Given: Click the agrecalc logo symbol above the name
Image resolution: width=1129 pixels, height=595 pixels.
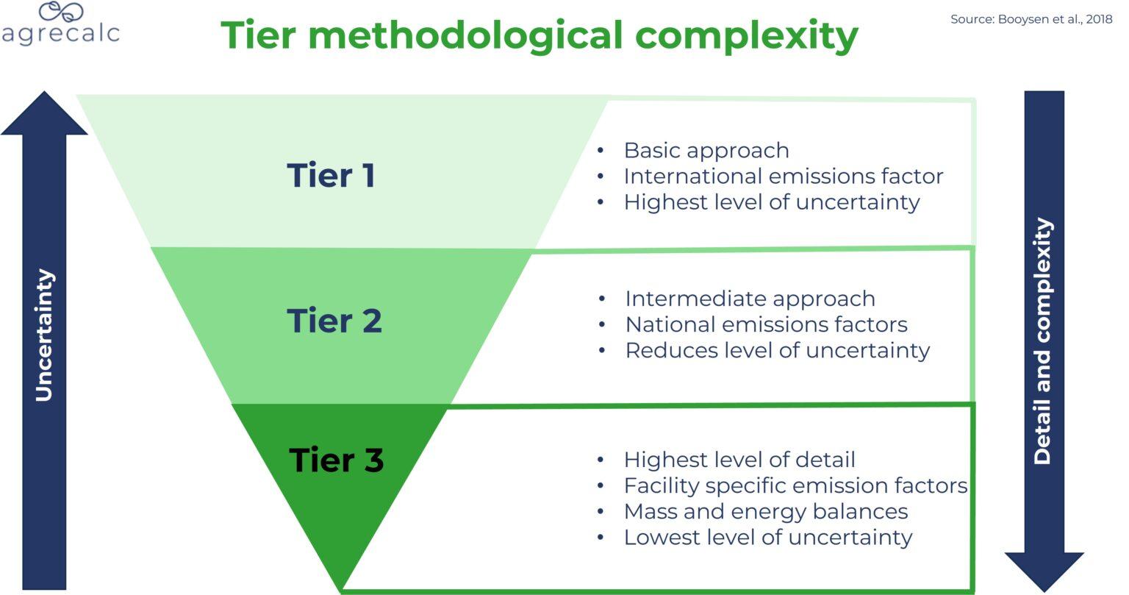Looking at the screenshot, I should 62,11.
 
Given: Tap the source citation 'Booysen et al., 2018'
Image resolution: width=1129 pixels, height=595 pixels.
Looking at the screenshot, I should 1031,20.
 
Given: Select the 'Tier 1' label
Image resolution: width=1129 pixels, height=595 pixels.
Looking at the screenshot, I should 331,175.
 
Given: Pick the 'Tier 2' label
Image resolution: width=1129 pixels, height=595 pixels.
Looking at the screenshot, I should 334,321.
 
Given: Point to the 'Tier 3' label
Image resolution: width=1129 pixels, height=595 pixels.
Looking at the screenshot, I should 336,460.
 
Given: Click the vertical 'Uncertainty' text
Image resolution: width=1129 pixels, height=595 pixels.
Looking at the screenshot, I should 44,335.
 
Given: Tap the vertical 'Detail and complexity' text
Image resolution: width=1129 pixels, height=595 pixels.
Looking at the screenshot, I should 1042,342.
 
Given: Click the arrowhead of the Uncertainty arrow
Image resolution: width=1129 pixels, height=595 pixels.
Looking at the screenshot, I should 44,114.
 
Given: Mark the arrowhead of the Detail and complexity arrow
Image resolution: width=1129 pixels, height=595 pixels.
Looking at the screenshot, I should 1044,569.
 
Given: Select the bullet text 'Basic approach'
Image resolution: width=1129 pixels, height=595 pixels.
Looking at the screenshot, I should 706,150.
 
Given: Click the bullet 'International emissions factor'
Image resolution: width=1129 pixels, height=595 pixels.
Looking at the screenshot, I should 783,177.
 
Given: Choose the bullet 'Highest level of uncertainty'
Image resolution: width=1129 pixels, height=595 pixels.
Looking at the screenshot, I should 771,202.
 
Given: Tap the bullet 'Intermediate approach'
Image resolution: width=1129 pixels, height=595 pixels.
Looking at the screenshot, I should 750,299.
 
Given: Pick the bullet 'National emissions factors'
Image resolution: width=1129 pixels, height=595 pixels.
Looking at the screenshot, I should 766,324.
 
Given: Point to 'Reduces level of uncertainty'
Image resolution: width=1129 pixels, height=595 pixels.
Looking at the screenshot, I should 777,350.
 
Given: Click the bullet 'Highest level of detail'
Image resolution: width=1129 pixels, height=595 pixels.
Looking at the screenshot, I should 739,460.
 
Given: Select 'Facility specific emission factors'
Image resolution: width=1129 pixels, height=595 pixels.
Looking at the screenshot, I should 795,485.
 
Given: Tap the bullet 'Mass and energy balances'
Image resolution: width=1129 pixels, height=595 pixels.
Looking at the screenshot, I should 765,511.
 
